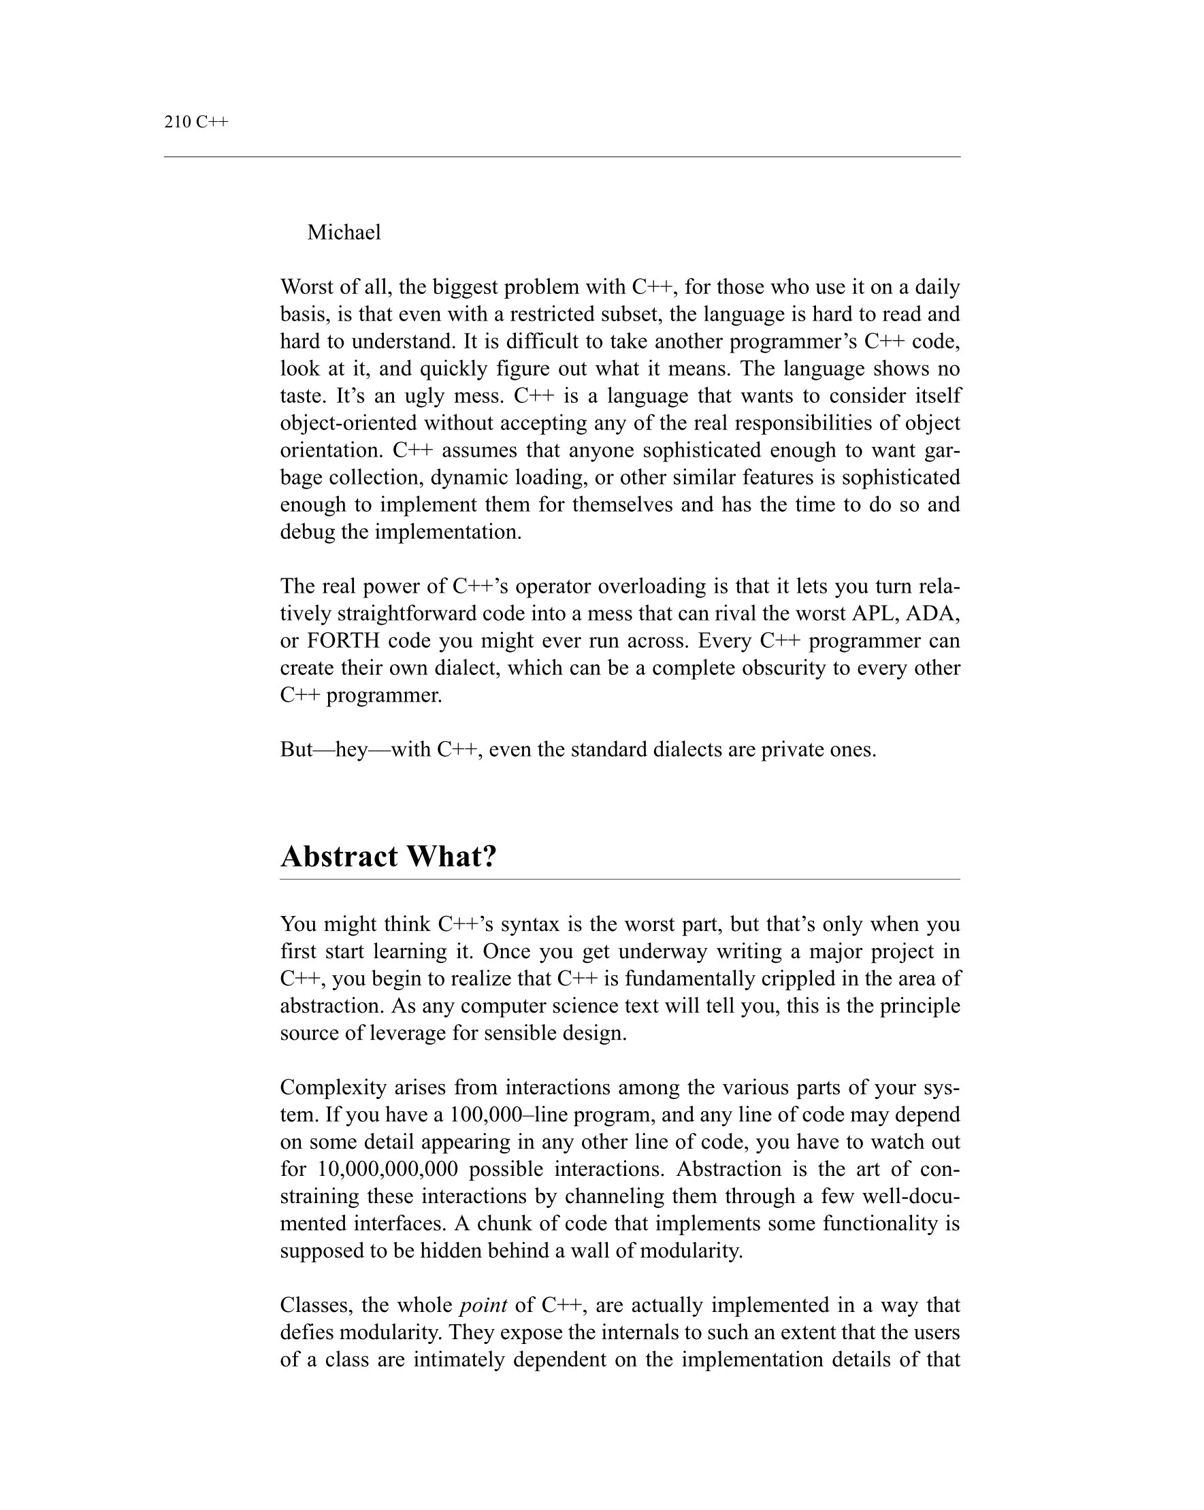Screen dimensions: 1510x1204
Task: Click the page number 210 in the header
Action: click(x=177, y=122)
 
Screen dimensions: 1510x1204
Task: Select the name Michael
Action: click(x=343, y=232)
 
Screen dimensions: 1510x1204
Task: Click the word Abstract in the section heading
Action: click(x=338, y=856)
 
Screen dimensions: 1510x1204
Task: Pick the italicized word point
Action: click(x=483, y=1305)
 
